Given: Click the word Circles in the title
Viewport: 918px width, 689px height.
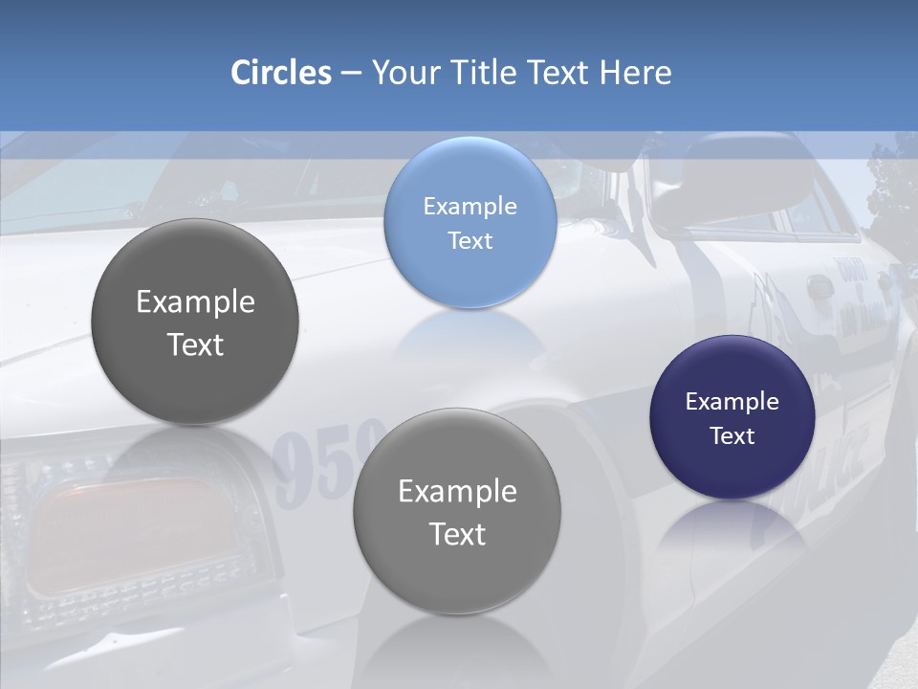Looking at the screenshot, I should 281,73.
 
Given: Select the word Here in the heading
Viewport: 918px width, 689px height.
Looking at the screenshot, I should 635,73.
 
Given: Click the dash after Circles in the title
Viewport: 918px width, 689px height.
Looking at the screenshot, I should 351,74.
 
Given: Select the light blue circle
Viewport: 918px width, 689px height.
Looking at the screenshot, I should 470,222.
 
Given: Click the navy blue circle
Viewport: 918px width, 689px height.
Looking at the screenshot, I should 732,417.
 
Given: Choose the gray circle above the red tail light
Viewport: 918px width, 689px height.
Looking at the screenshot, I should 195,322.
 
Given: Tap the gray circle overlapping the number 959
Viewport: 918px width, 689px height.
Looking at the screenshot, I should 457,511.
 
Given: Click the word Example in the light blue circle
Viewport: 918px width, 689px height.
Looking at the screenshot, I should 470,206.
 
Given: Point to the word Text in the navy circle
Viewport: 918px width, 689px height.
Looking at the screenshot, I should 732,436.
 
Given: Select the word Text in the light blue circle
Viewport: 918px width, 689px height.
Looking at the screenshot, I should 470,240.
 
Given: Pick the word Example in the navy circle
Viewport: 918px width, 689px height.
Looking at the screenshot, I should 732,402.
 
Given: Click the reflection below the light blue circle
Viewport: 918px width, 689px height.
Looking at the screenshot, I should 470,335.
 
